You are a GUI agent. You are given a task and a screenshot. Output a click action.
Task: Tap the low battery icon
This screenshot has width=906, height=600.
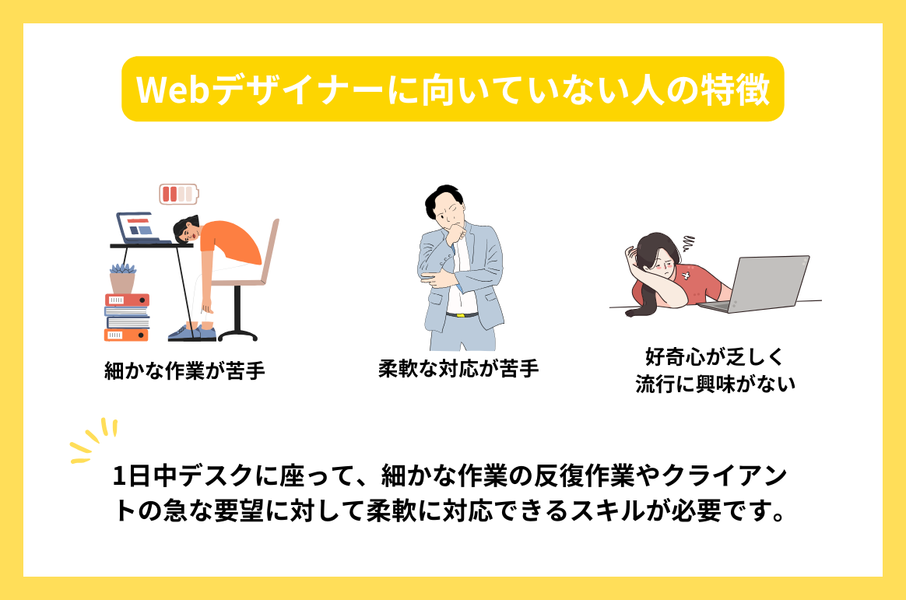pyautogui.click(x=178, y=193)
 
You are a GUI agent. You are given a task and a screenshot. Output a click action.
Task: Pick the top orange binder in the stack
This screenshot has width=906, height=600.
pyautogui.click(x=126, y=300)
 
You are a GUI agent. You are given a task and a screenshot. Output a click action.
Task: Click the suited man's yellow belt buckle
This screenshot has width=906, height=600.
pyautogui.click(x=462, y=315)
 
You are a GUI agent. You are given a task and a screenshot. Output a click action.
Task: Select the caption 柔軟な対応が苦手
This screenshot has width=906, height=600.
pyautogui.click(x=458, y=368)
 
